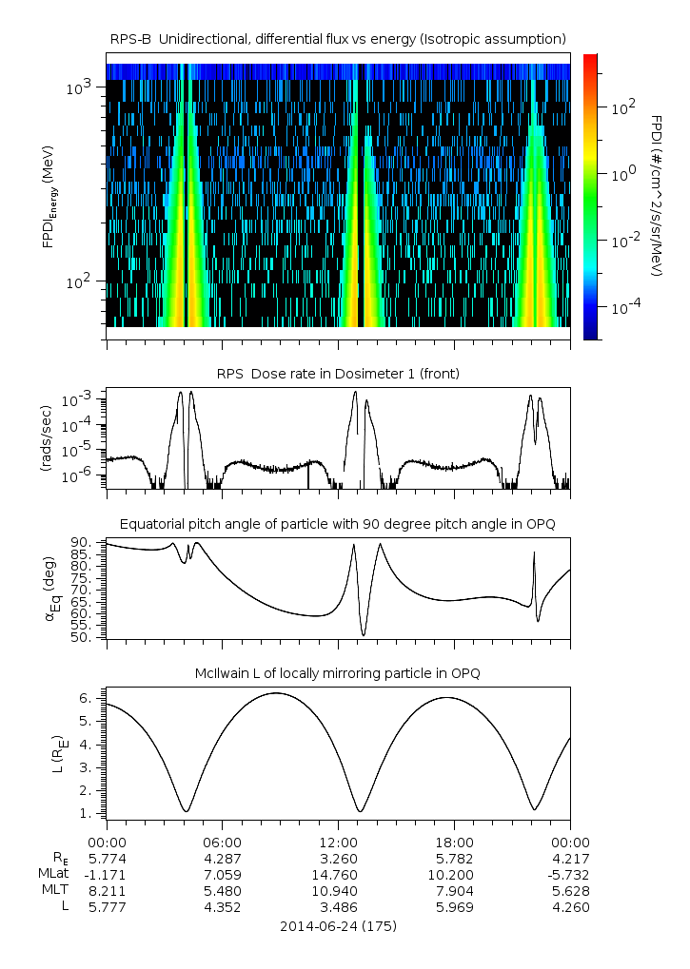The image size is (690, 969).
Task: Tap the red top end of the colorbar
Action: click(x=590, y=59)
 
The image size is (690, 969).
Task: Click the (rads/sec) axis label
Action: click(x=47, y=437)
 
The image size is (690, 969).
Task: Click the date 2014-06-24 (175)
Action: click(x=338, y=925)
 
